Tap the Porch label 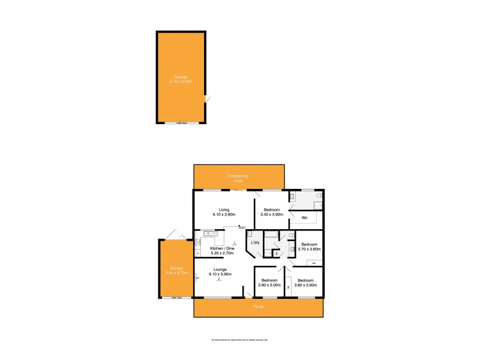(x=257, y=307)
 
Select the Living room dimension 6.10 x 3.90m (x=223, y=214)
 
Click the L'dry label (x=254, y=242)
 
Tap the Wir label (x=305, y=217)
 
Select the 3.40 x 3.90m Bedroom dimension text (x=272, y=214)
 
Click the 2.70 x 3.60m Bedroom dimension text (x=310, y=249)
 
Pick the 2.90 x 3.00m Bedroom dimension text (x=269, y=285)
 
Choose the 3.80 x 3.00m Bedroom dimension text (x=305, y=285)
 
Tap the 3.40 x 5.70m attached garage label (x=175, y=273)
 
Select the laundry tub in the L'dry (x=250, y=234)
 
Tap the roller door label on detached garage (x=181, y=122)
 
